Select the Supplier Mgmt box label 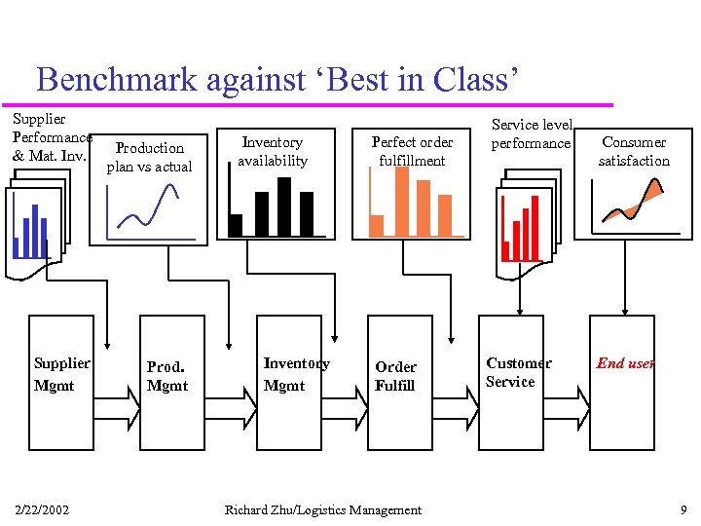point(61,374)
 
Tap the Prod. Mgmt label point(166,376)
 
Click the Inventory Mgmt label point(296,374)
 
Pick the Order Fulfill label point(395,376)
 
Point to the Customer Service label point(518,372)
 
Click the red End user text point(625,363)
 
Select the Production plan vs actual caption point(149,157)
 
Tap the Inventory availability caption point(273,151)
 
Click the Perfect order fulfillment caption point(412,151)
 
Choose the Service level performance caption point(531,133)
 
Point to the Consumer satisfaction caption point(634,151)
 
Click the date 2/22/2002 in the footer point(42,509)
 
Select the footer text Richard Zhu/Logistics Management point(323,509)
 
